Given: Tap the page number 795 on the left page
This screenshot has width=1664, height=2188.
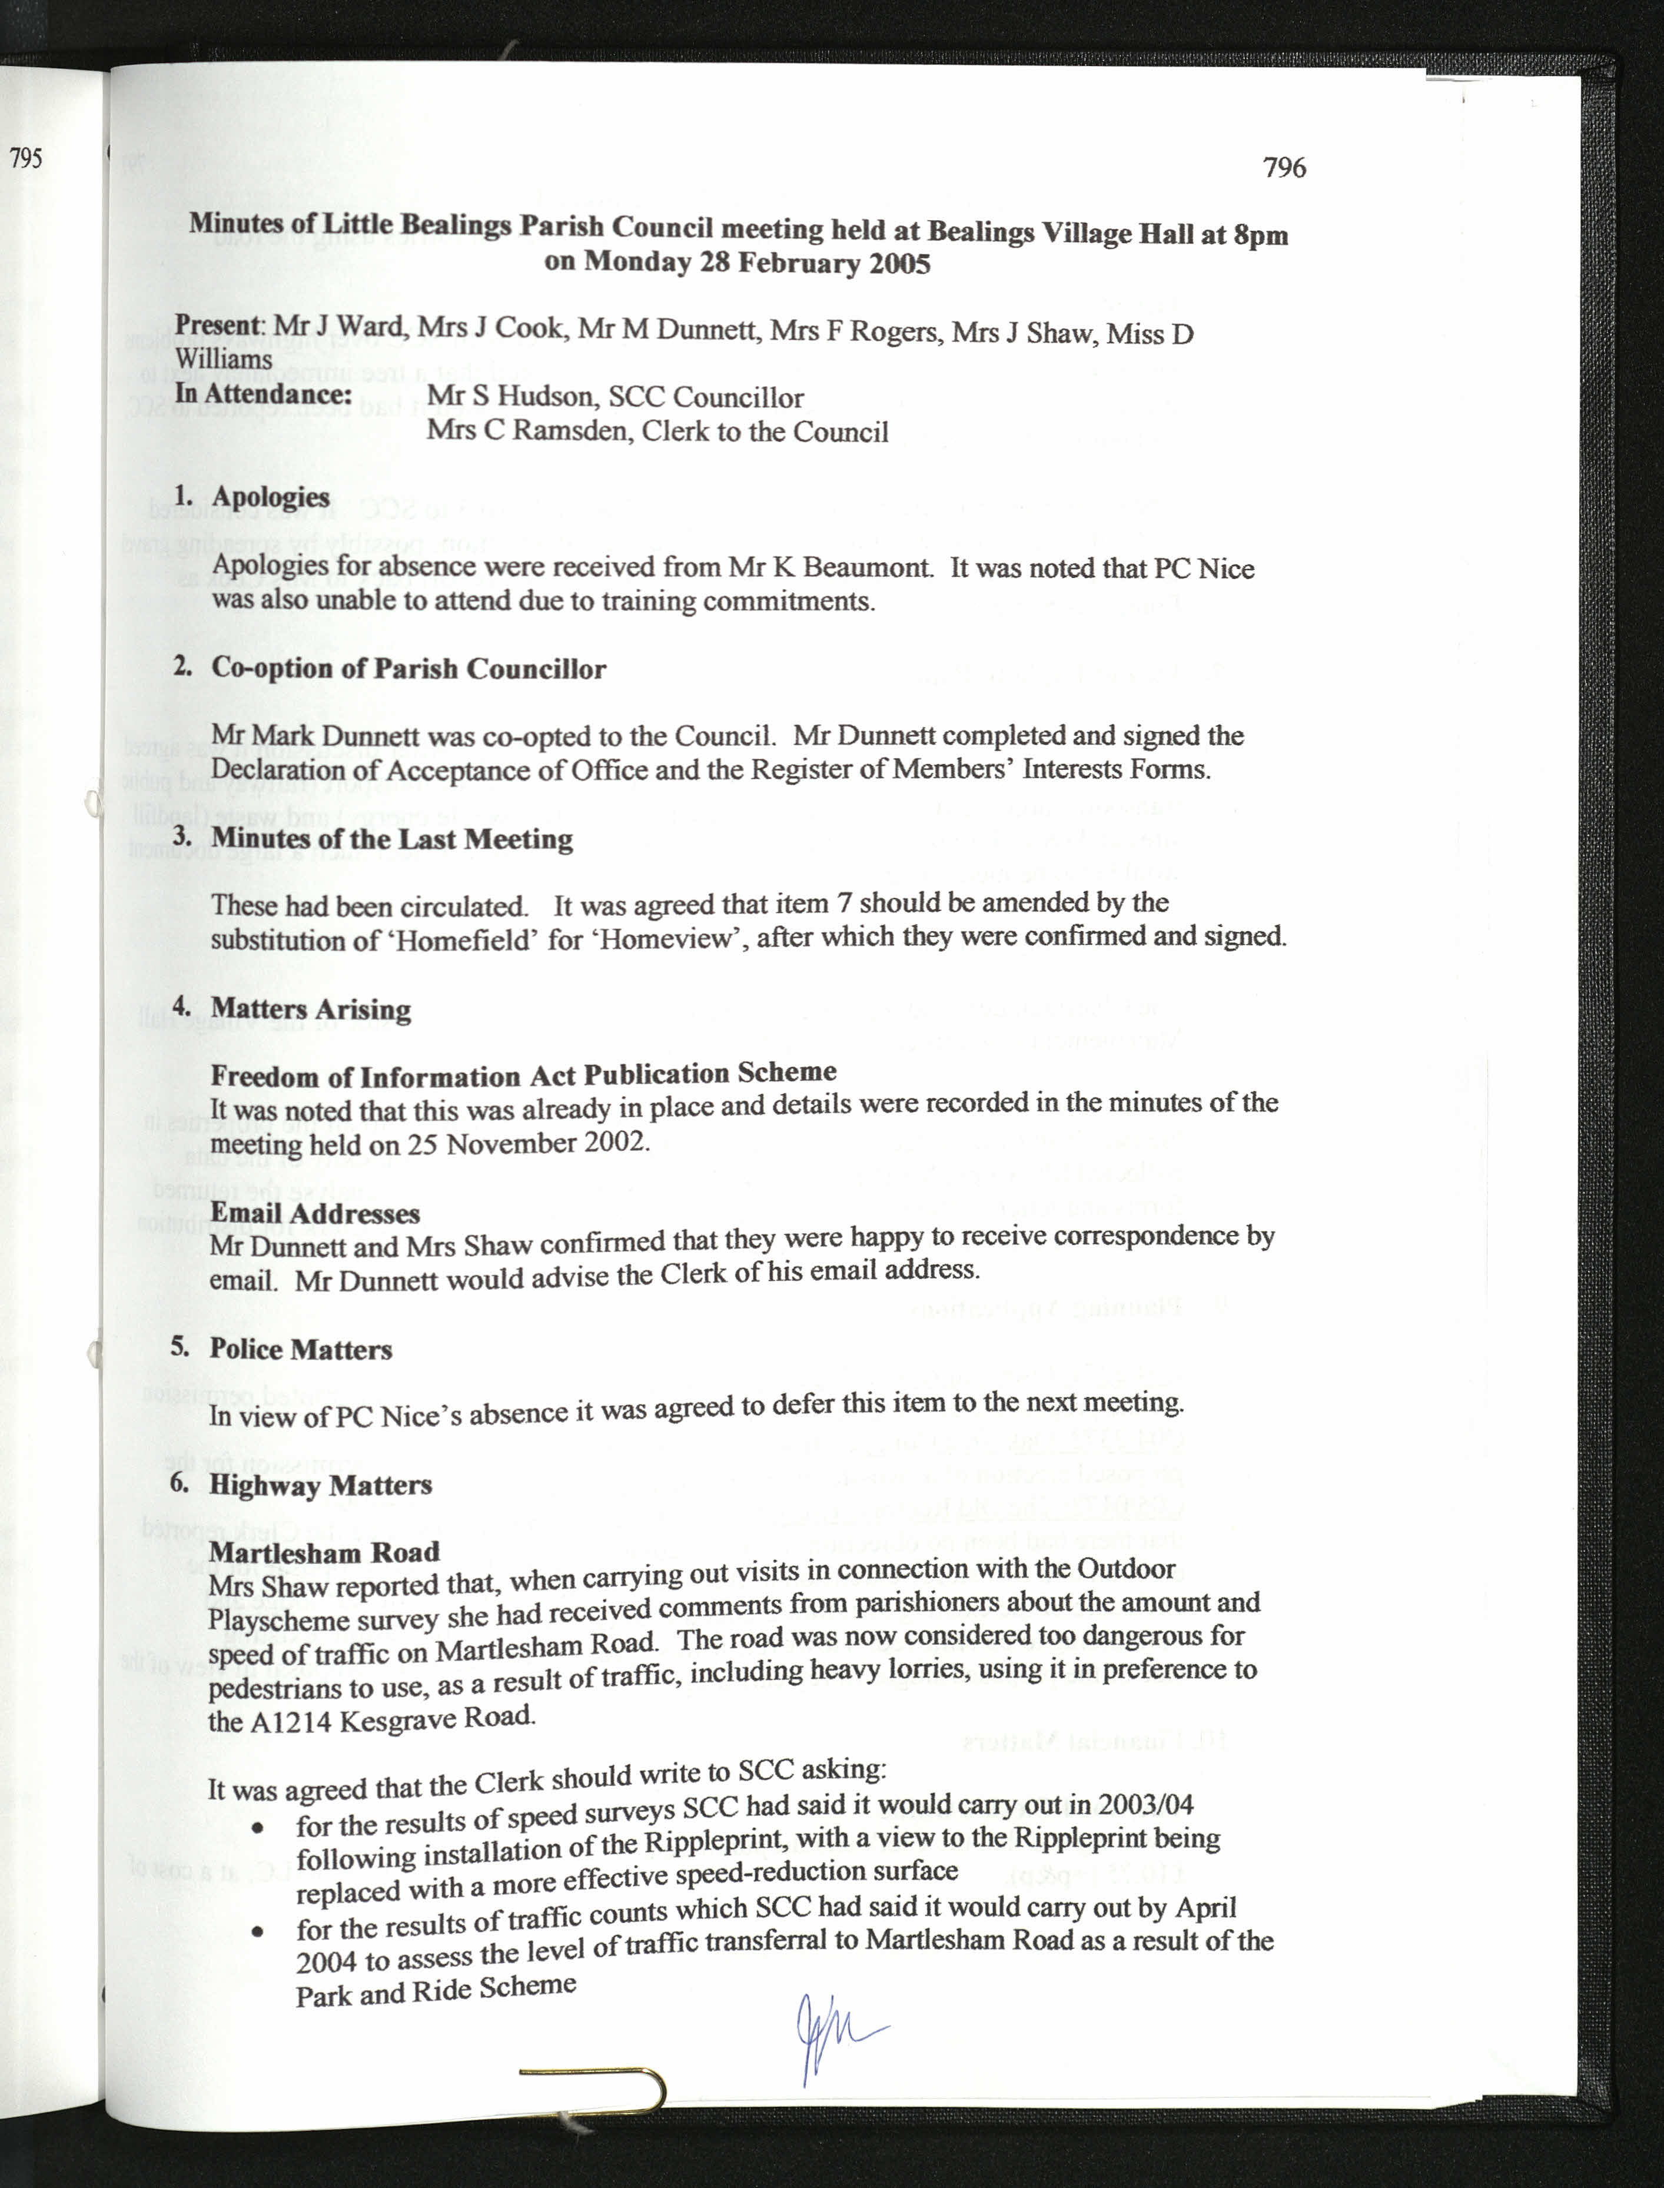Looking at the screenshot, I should [26, 158].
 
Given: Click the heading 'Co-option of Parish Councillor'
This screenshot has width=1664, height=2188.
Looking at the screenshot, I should [408, 669].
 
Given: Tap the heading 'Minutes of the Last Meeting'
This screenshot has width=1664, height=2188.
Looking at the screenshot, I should [392, 839].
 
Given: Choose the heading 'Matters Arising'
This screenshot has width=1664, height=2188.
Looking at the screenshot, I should [311, 1010].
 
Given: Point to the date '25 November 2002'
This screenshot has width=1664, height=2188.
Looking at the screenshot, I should [548, 1144].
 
